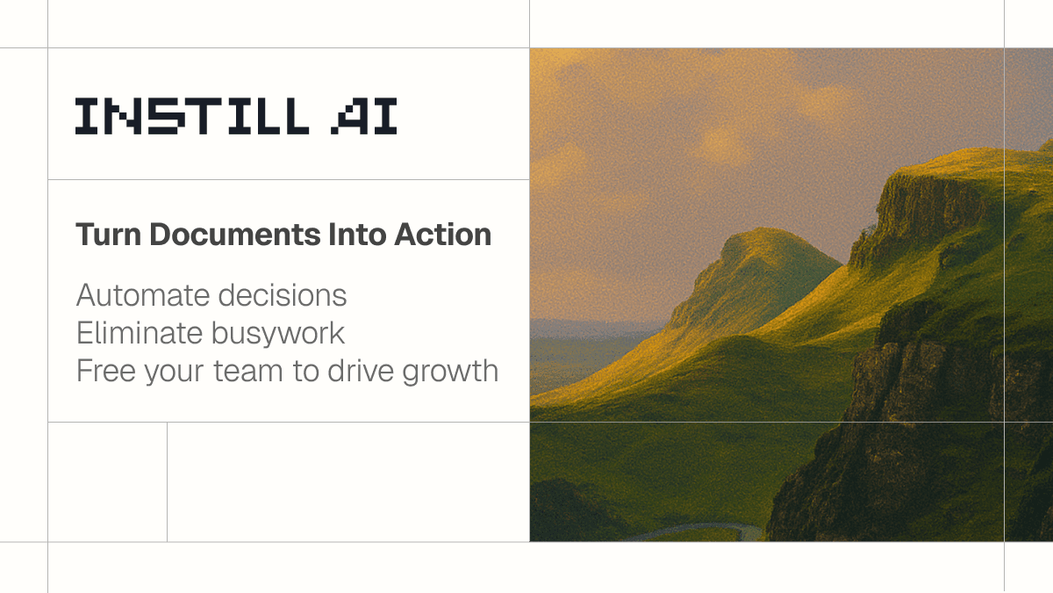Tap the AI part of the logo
[364, 116]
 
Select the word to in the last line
[305, 371]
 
